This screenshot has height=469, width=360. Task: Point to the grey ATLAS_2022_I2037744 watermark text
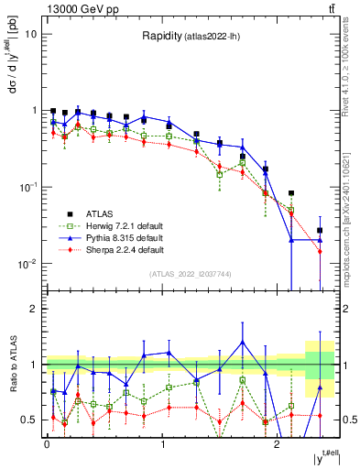191,274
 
